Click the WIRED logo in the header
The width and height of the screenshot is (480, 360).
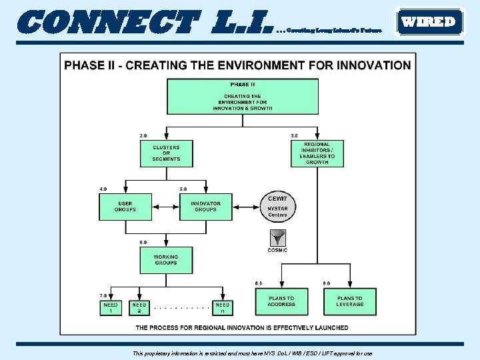[x=429, y=22]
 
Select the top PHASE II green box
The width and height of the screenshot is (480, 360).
[x=242, y=97]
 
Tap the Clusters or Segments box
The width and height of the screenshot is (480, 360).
[x=166, y=153]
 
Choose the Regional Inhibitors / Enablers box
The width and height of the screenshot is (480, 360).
[x=317, y=153]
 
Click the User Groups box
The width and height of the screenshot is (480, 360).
[x=125, y=207]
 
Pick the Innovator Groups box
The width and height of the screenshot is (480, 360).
[x=205, y=207]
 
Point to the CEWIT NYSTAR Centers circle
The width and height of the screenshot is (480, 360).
[x=277, y=207]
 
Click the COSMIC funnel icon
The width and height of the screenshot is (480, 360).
[x=277, y=237]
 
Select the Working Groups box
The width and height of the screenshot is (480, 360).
[x=166, y=259]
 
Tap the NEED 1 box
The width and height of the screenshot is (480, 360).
[x=111, y=308]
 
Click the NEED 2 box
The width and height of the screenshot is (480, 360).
[x=139, y=308]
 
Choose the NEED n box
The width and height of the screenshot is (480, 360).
[x=222, y=308]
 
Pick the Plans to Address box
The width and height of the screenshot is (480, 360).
[x=281, y=301]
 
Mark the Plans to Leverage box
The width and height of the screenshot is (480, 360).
[x=349, y=301]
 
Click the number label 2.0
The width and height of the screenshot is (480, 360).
[x=143, y=136]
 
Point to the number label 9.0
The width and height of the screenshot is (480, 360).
[x=326, y=283]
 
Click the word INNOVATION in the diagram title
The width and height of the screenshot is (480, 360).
[x=375, y=65]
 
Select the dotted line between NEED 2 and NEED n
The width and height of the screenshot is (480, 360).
[x=181, y=309]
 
